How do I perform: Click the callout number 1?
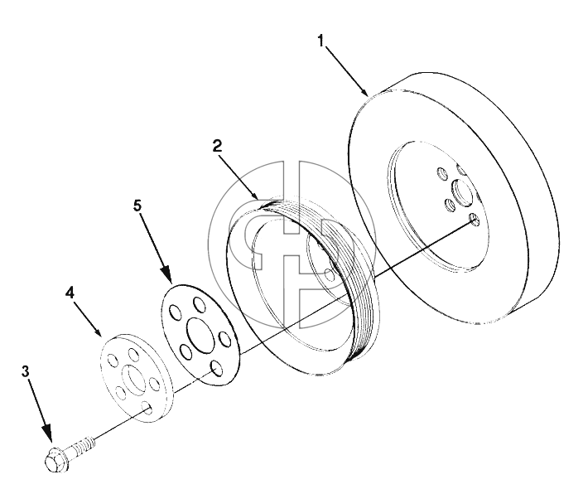(x=320, y=41)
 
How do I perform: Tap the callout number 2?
(x=217, y=146)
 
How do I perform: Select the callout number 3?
(x=25, y=371)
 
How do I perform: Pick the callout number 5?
(x=138, y=206)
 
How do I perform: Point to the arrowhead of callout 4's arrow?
(x=98, y=332)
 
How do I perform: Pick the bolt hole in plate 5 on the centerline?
(x=217, y=367)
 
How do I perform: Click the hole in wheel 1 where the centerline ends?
(x=475, y=220)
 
